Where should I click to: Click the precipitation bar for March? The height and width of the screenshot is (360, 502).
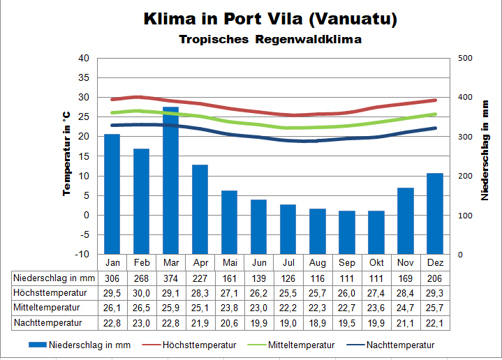(x=170, y=181)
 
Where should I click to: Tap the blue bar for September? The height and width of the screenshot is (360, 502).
(x=346, y=232)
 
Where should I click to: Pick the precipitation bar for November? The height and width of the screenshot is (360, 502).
(x=405, y=220)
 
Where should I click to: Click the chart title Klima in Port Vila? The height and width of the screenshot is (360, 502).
(x=270, y=19)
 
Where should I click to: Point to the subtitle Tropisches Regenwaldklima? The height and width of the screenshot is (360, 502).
(x=270, y=39)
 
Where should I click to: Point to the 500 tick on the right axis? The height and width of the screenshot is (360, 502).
(x=465, y=58)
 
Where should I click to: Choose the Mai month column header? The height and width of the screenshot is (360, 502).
(x=229, y=262)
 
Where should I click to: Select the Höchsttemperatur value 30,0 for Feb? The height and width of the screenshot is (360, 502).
(x=141, y=292)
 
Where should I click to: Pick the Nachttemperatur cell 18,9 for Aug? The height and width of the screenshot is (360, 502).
(x=317, y=322)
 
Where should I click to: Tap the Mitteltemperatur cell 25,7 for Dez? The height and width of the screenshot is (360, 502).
(x=434, y=307)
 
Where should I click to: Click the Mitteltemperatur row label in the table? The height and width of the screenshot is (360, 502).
(x=46, y=307)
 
